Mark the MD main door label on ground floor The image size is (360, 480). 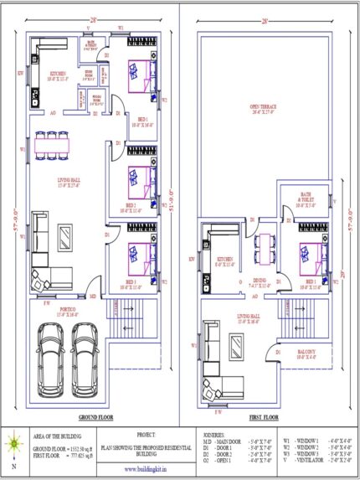click(92, 297)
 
